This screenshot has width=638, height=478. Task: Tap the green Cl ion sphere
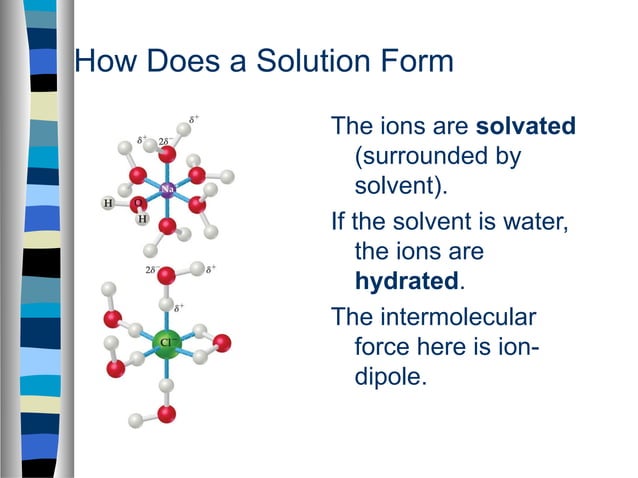coord(168,343)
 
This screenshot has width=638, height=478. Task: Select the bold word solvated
coord(526,128)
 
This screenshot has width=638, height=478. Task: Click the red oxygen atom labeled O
coord(137,204)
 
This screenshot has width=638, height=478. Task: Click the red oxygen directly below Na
coord(168,227)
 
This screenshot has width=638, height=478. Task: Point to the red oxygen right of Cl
coord(222,343)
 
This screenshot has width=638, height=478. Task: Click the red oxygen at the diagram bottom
coord(167,412)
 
